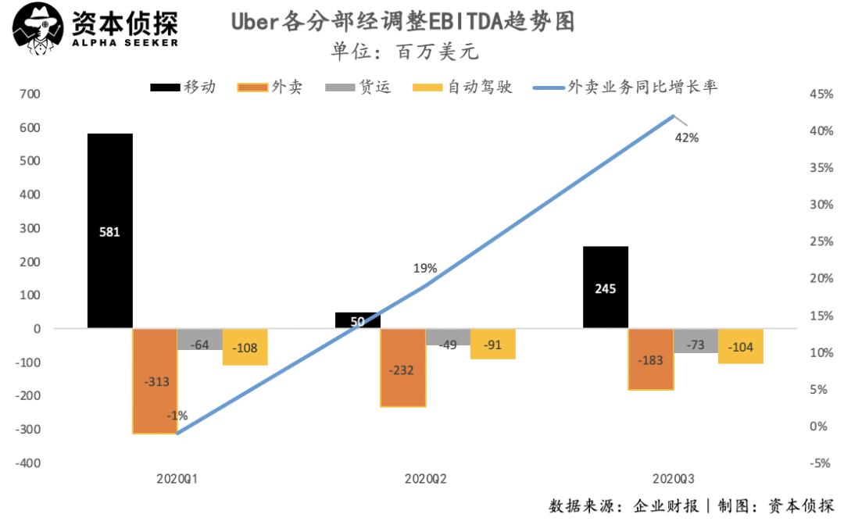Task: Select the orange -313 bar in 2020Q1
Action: (x=155, y=380)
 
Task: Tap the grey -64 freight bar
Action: (x=199, y=340)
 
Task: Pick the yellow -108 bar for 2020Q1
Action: (x=245, y=347)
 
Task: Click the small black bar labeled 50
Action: (x=358, y=320)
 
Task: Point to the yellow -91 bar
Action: (x=493, y=344)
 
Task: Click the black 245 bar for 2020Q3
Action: (x=606, y=287)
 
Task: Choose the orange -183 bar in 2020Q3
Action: (x=651, y=359)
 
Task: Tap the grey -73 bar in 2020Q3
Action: (x=696, y=341)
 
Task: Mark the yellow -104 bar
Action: (x=740, y=346)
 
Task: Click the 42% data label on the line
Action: (x=687, y=137)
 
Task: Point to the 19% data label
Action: (x=425, y=268)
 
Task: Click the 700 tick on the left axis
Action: (x=30, y=95)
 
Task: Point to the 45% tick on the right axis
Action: (x=821, y=95)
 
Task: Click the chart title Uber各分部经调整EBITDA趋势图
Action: (x=403, y=21)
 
